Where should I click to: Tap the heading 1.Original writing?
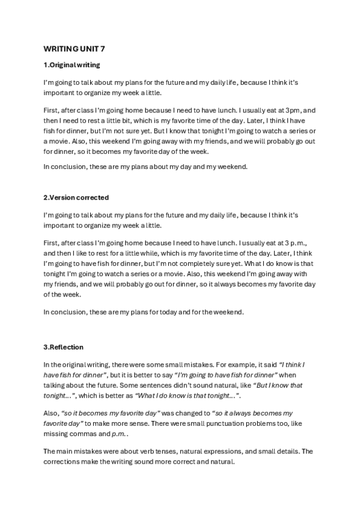pos(72,64)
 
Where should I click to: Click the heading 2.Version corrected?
pos(76,198)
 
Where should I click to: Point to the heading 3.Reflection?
pos(63,347)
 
